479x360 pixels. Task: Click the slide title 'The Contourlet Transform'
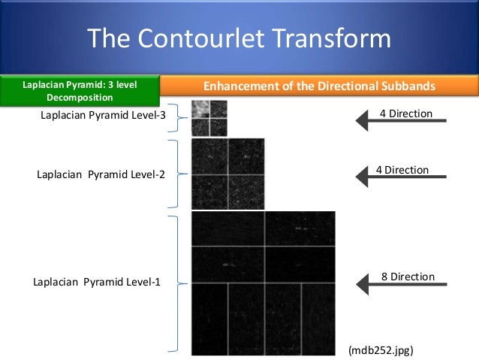[239, 38]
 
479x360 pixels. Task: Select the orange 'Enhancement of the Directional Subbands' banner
[321, 86]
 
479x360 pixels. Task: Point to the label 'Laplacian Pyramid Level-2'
[101, 174]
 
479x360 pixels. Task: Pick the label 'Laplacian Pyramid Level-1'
[97, 283]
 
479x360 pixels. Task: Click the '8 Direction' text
[408, 277]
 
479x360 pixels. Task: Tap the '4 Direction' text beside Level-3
[405, 113]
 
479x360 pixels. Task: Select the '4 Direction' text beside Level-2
[402, 170]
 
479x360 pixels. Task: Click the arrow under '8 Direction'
[405, 285]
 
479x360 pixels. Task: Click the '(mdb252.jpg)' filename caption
[380, 349]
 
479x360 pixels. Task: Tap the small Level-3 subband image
[209, 119]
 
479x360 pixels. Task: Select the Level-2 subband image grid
[227, 174]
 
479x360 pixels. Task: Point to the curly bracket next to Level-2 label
[174, 174]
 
